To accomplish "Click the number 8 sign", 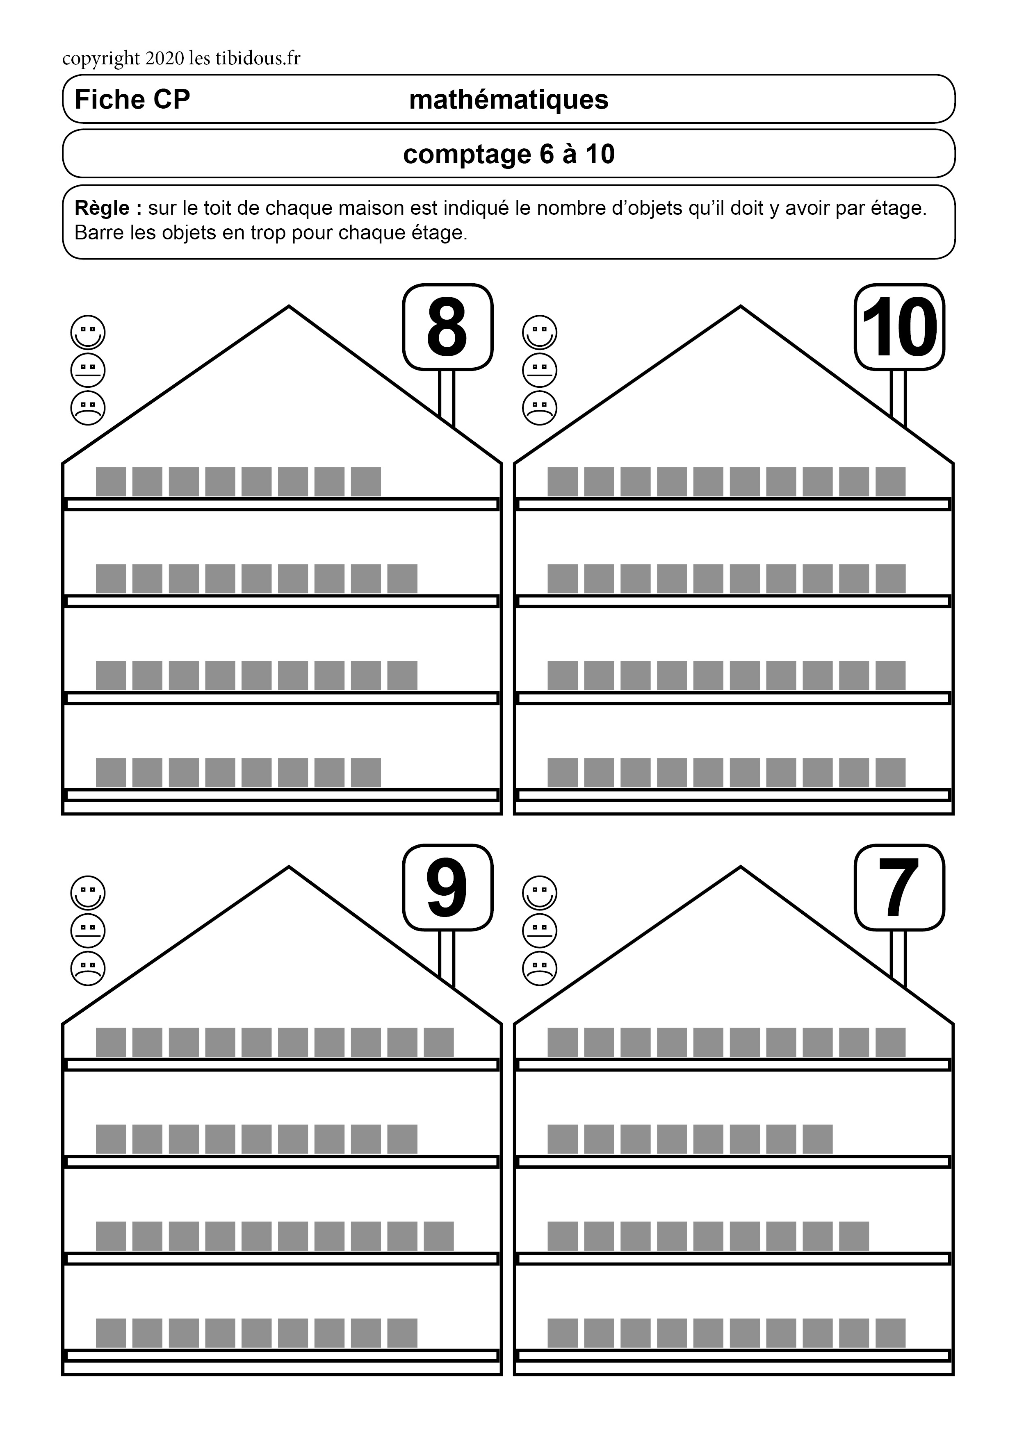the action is click(x=447, y=327).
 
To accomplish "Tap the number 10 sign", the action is click(x=899, y=327).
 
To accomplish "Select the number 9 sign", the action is click(x=447, y=887).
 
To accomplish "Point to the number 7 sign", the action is click(x=899, y=887).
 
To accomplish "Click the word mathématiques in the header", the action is click(x=509, y=100).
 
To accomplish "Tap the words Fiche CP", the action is click(x=132, y=100).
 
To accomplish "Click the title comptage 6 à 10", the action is click(x=509, y=154).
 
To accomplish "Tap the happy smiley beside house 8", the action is click(x=88, y=332).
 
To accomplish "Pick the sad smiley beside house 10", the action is click(x=540, y=408).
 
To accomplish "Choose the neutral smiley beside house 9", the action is click(x=88, y=930).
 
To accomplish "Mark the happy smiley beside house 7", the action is click(x=540, y=892).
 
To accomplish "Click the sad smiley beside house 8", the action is click(x=88, y=408).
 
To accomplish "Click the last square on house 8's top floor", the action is click(x=366, y=482).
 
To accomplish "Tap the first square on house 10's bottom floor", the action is click(x=563, y=772).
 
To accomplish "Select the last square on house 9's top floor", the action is click(x=439, y=1042).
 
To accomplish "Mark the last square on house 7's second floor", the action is click(x=818, y=1139).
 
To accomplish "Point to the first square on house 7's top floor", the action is click(x=563, y=1042).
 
